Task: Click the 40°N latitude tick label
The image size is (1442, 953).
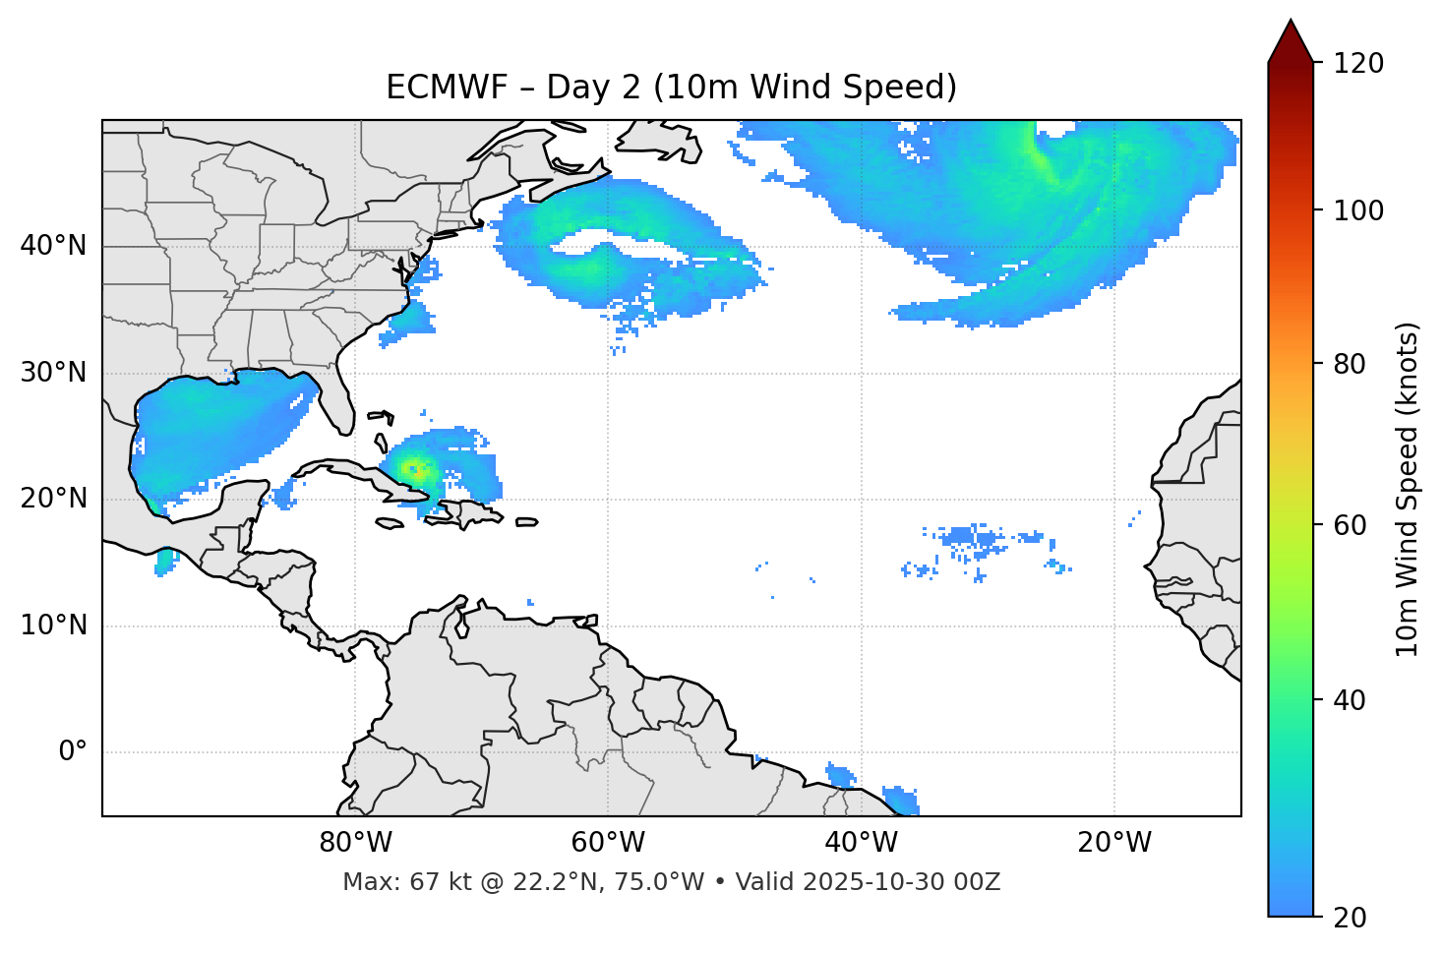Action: click(x=53, y=246)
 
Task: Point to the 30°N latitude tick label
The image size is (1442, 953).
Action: click(x=53, y=373)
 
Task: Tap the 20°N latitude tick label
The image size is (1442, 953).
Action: click(x=53, y=499)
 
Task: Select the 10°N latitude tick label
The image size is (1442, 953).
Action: click(x=53, y=625)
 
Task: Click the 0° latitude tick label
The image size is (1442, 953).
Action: click(x=73, y=752)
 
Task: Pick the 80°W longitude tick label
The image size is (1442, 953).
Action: click(x=355, y=843)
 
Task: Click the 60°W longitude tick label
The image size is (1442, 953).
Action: click(x=608, y=843)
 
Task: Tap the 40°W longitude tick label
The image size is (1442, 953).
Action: click(x=862, y=843)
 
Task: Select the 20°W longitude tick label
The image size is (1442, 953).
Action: click(x=1114, y=843)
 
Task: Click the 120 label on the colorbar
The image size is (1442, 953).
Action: click(x=1357, y=64)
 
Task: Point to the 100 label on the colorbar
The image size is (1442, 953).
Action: click(x=1357, y=210)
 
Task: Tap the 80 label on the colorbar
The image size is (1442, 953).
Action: click(x=1351, y=364)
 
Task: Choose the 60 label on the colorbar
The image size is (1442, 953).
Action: click(x=1351, y=525)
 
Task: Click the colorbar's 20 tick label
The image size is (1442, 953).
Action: click(x=1351, y=917)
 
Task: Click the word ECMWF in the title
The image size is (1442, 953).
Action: click(x=434, y=88)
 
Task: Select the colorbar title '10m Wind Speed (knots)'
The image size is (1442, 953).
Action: click(x=1408, y=489)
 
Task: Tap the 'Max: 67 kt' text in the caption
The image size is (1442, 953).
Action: click(x=391, y=882)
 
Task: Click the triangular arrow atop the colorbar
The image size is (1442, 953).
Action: click(x=1291, y=41)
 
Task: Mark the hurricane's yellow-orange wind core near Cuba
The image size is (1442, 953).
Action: click(x=415, y=469)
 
